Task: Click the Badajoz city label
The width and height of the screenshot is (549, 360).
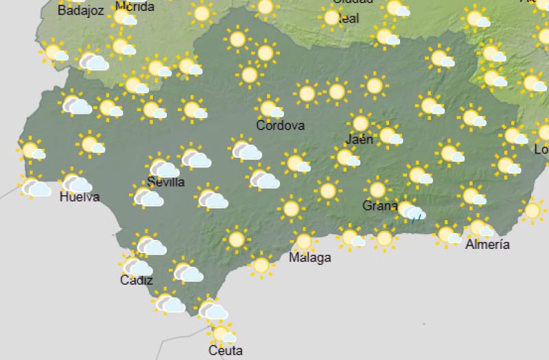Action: pos(81,11)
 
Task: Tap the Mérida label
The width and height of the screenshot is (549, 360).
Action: pos(135,7)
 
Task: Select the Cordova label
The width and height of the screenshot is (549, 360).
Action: pos(280,125)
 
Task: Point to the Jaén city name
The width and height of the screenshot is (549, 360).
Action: pos(360,139)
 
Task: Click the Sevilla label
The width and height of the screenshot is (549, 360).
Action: pos(166,182)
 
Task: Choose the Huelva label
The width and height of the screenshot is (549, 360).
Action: pos(80,197)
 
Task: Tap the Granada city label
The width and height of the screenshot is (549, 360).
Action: pos(380,206)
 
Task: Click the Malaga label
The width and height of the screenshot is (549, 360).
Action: pos(309,258)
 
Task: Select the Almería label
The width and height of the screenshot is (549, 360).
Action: pos(487,244)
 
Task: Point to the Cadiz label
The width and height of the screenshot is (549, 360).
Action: pos(137,280)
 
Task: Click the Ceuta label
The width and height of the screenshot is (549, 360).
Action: pos(226,350)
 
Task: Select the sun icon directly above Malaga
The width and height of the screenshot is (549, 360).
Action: pos(303,241)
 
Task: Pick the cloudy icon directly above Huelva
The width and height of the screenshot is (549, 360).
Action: pos(76,183)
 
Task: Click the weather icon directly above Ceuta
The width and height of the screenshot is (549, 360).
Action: pos(222,334)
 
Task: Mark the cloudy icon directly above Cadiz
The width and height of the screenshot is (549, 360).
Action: pos(136,266)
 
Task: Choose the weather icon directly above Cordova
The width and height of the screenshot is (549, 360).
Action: pos(270,108)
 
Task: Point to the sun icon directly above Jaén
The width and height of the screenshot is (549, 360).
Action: pos(360,123)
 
